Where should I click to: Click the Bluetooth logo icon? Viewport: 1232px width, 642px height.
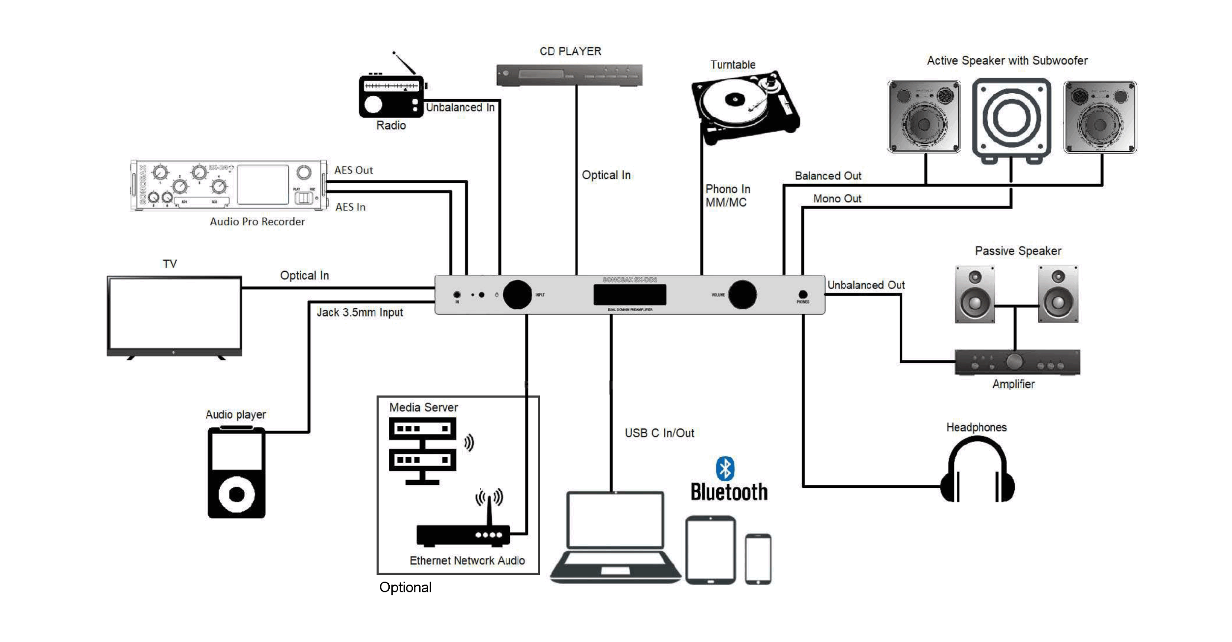click(x=725, y=468)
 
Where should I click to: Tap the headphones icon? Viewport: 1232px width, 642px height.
click(x=977, y=471)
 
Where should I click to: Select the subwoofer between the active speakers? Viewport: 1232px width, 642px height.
click(x=1012, y=119)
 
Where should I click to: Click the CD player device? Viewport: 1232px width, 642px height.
click(x=569, y=75)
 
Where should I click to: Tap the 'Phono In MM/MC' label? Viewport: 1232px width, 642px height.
click(x=727, y=196)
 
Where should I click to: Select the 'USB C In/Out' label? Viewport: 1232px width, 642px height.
click(x=659, y=433)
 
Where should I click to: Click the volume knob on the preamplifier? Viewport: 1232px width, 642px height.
click(x=742, y=295)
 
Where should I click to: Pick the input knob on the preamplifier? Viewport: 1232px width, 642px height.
click(x=517, y=295)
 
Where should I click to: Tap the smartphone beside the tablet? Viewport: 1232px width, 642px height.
click(x=758, y=559)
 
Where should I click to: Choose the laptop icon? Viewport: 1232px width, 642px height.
click(x=615, y=536)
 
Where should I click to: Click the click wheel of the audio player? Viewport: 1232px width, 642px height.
click(x=236, y=494)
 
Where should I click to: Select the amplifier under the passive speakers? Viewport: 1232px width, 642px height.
click(x=1017, y=362)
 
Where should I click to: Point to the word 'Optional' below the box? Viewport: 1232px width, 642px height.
click(x=405, y=588)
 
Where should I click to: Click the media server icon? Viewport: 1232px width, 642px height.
click(x=422, y=450)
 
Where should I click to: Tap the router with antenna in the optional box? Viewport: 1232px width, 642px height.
click(x=463, y=533)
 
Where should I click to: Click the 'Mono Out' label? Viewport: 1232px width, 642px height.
click(x=837, y=199)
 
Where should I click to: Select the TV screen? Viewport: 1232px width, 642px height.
click(x=175, y=314)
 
